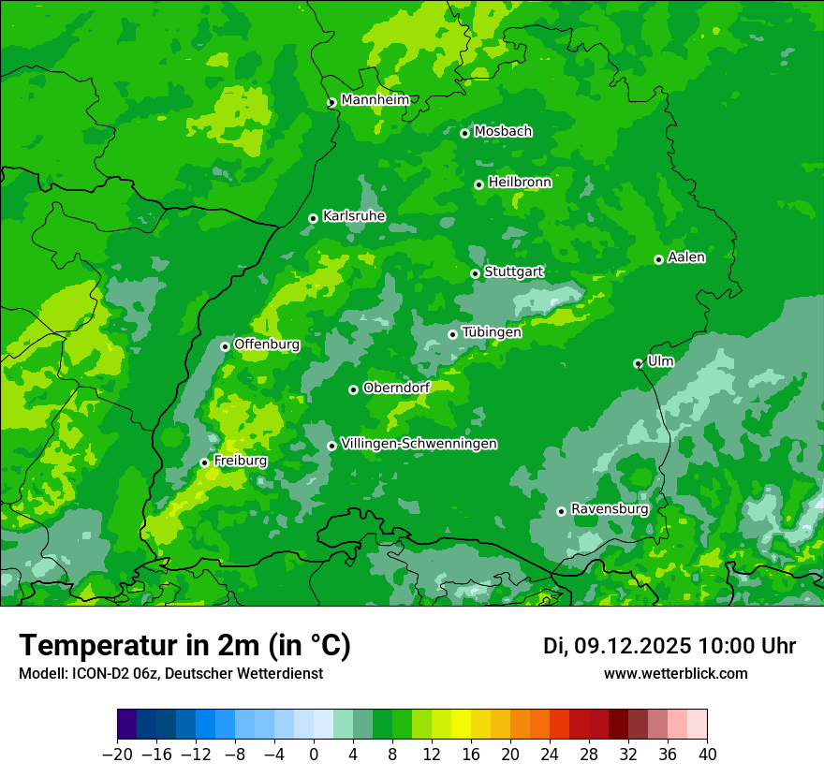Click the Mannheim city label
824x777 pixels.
[375, 100]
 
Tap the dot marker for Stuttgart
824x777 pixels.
[475, 273]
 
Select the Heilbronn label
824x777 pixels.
[520, 183]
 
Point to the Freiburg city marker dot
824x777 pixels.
[204, 462]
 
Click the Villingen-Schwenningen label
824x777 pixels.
[419, 444]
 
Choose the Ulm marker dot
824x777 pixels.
[638, 363]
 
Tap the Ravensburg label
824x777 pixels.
[610, 509]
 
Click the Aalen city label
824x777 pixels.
[686, 257]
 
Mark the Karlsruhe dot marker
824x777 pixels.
[313, 218]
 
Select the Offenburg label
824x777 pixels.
[267, 345]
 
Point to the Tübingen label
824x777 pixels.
[492, 332]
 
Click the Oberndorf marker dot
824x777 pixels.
[353, 389]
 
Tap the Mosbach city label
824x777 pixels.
[503, 132]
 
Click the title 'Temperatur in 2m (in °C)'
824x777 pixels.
[184, 645]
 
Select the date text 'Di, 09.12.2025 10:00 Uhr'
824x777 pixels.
[669, 646]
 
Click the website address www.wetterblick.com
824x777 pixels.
[675, 674]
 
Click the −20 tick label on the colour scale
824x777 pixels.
[117, 755]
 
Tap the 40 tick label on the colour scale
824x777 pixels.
[707, 755]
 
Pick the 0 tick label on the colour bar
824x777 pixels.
[314, 755]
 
